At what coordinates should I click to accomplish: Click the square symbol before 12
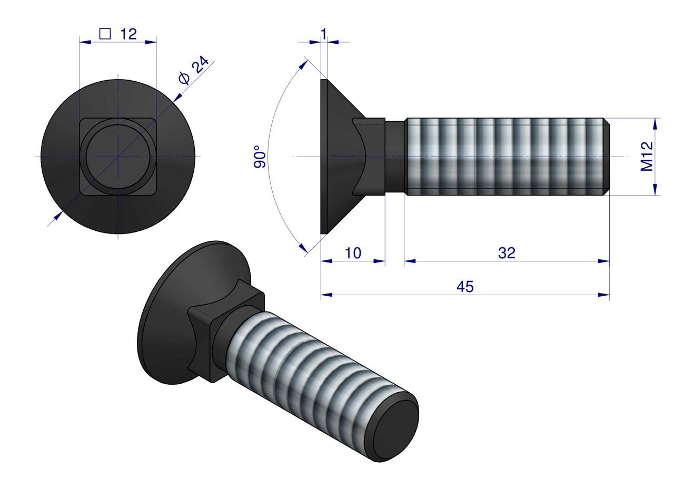[105, 34]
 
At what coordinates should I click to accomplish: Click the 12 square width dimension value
[127, 34]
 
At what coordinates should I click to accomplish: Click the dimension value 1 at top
[324, 33]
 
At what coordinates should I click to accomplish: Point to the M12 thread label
[647, 157]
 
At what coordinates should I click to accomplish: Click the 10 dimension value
[353, 253]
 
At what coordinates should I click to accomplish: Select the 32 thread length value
[507, 253]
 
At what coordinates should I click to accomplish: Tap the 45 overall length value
[465, 287]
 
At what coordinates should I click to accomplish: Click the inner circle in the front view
[118, 157]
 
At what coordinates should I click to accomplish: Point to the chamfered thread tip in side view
[607, 157]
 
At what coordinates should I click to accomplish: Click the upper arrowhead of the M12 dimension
[656, 123]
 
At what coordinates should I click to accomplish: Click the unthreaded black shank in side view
[395, 157]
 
